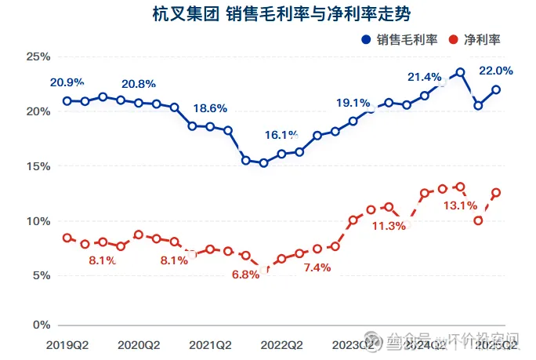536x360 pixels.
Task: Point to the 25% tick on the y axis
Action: coord(38,57)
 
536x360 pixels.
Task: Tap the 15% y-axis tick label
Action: coord(38,166)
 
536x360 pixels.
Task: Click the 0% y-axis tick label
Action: coord(41,324)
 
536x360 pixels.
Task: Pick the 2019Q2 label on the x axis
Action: coord(67,345)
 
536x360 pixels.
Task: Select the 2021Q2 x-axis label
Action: coord(210,345)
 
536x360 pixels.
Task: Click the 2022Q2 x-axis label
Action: coord(281,345)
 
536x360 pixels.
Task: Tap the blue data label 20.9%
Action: coord(67,82)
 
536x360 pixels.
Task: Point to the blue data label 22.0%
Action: coord(495,71)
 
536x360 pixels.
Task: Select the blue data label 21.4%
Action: coord(425,77)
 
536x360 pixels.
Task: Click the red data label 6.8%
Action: coord(245,275)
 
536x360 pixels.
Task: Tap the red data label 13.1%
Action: coord(461,206)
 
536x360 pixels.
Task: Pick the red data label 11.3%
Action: coord(389,226)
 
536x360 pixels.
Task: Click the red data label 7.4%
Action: coord(317,267)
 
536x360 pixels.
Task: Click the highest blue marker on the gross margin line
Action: coord(460,72)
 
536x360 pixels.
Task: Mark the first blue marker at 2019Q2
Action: coord(67,101)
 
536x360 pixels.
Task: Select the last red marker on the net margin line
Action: coord(496,193)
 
